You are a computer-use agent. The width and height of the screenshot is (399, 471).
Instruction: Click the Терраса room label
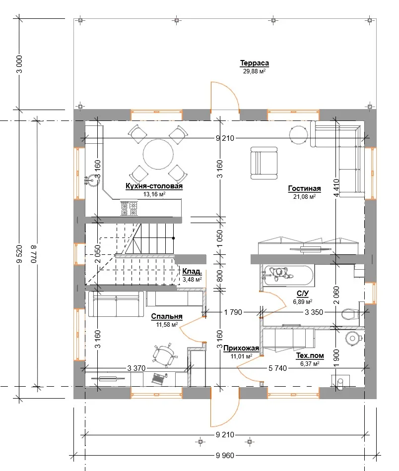point(255,63)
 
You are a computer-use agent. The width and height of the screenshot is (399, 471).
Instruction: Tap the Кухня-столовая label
point(154,186)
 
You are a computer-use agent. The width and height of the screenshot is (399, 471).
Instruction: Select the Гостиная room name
point(304,188)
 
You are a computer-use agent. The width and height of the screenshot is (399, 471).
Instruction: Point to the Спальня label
point(167,316)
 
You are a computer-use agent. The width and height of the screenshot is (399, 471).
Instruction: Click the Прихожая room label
point(241,348)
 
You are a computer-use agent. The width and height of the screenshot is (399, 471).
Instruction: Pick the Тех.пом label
point(310,355)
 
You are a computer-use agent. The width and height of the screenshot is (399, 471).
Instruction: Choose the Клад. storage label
point(192,271)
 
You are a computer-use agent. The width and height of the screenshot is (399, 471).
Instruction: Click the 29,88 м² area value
point(254,71)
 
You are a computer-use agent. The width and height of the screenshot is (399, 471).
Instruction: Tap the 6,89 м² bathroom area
point(303,301)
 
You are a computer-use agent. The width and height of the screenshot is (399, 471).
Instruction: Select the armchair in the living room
point(264,163)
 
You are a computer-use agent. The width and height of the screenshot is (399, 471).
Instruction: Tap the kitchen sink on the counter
point(92,181)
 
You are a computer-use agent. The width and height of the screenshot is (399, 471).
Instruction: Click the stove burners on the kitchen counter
point(129,209)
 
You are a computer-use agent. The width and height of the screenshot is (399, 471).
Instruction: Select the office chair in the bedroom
point(164,354)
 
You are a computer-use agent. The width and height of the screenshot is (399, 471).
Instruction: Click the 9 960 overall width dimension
point(225,456)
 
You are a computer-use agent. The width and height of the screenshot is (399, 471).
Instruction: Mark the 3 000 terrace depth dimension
point(19,64)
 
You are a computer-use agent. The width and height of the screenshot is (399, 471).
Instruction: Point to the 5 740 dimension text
point(277,368)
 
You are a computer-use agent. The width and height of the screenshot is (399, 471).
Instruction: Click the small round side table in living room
point(299,135)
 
